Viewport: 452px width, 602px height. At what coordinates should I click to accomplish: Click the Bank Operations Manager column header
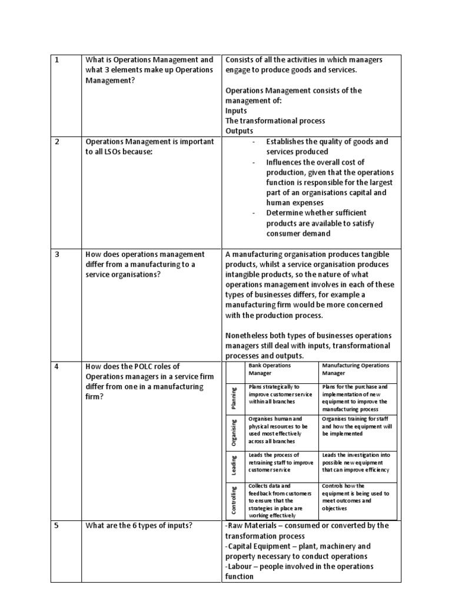coord(270,369)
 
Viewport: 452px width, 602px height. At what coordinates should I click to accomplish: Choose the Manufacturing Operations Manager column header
coord(355,369)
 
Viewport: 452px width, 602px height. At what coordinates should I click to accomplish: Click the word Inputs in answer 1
coord(236,111)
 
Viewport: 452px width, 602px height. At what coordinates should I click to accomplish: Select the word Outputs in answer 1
coord(239,131)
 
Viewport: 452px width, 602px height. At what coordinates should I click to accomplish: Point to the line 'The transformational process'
coord(275,121)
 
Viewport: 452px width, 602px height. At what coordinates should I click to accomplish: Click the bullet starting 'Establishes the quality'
coord(327,146)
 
